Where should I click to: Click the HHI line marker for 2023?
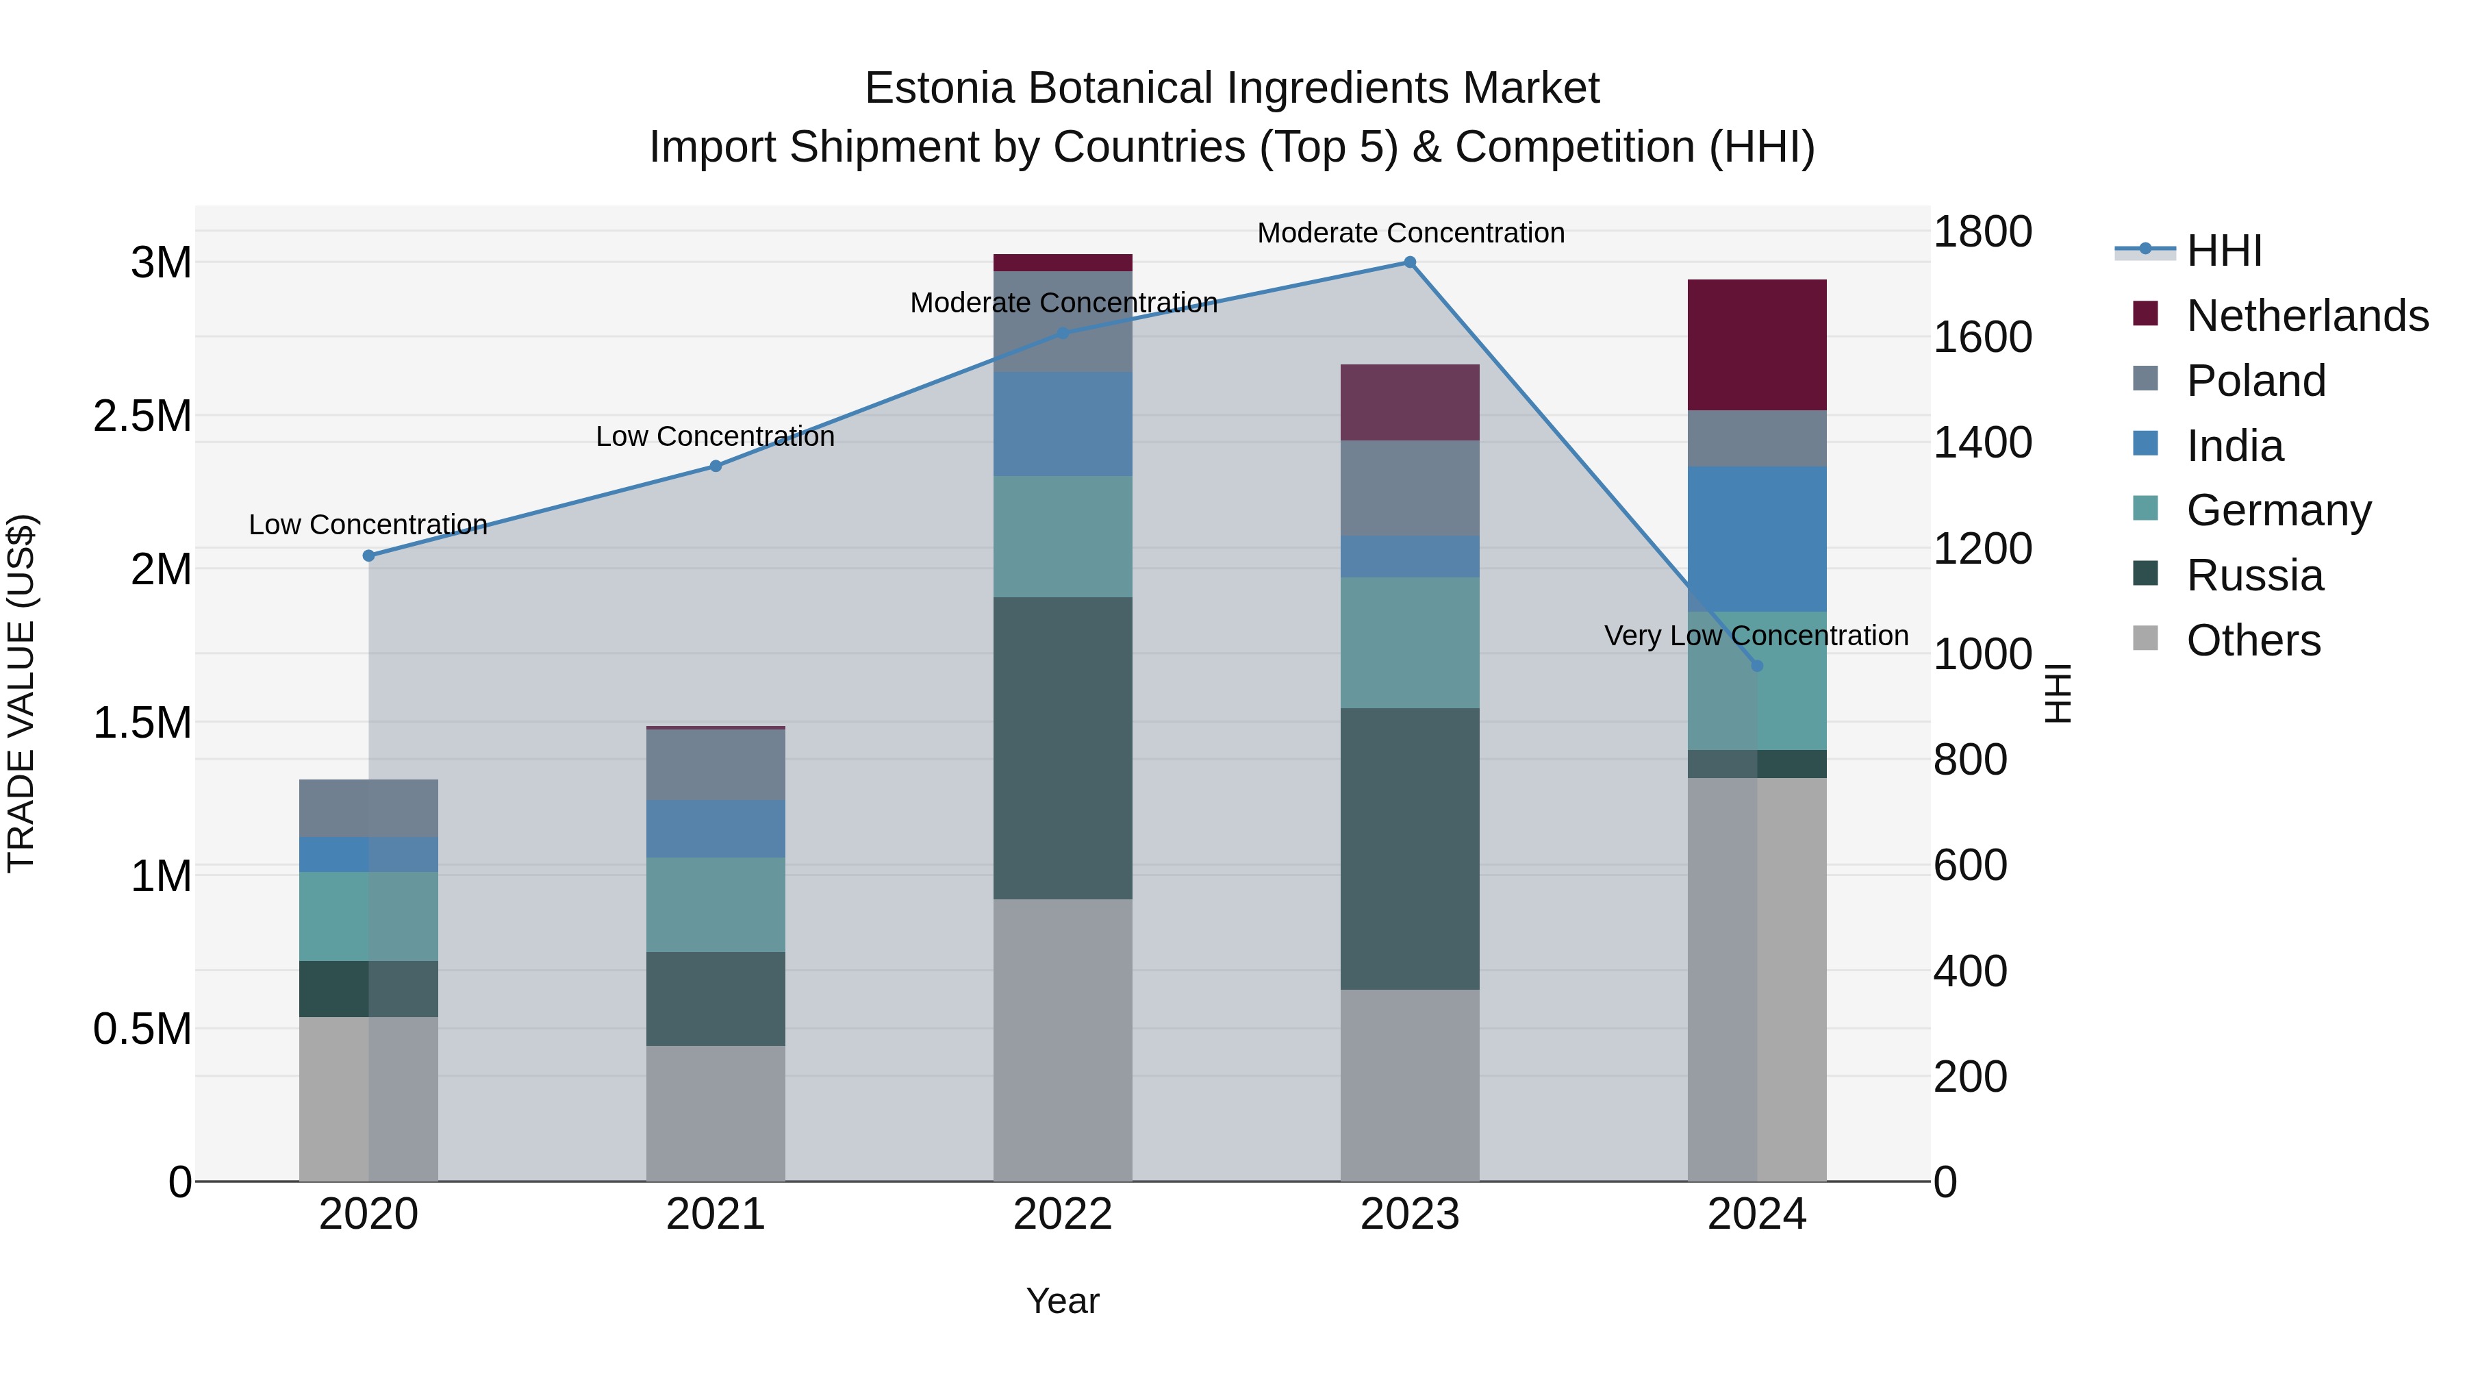[x=1410, y=262]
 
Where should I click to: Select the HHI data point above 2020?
[x=368, y=555]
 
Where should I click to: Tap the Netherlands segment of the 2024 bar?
[x=1757, y=345]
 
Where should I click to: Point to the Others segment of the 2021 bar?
[x=715, y=1112]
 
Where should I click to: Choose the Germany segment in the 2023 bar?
[x=1410, y=642]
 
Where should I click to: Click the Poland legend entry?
[x=2255, y=381]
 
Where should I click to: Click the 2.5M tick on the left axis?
[x=142, y=416]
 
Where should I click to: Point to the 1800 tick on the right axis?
[x=1982, y=232]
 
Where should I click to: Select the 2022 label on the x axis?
[x=1062, y=1214]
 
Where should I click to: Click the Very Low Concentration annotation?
[x=1756, y=636]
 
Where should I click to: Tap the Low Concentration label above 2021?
[x=715, y=436]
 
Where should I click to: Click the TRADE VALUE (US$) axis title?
[x=21, y=693]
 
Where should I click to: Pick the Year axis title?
[x=1062, y=1301]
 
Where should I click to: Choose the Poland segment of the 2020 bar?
[x=368, y=808]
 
